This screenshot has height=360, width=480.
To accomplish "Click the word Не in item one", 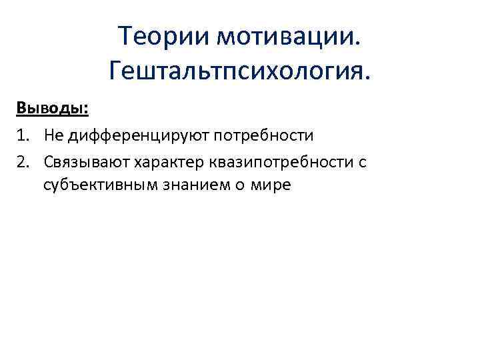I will (x=54, y=136).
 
